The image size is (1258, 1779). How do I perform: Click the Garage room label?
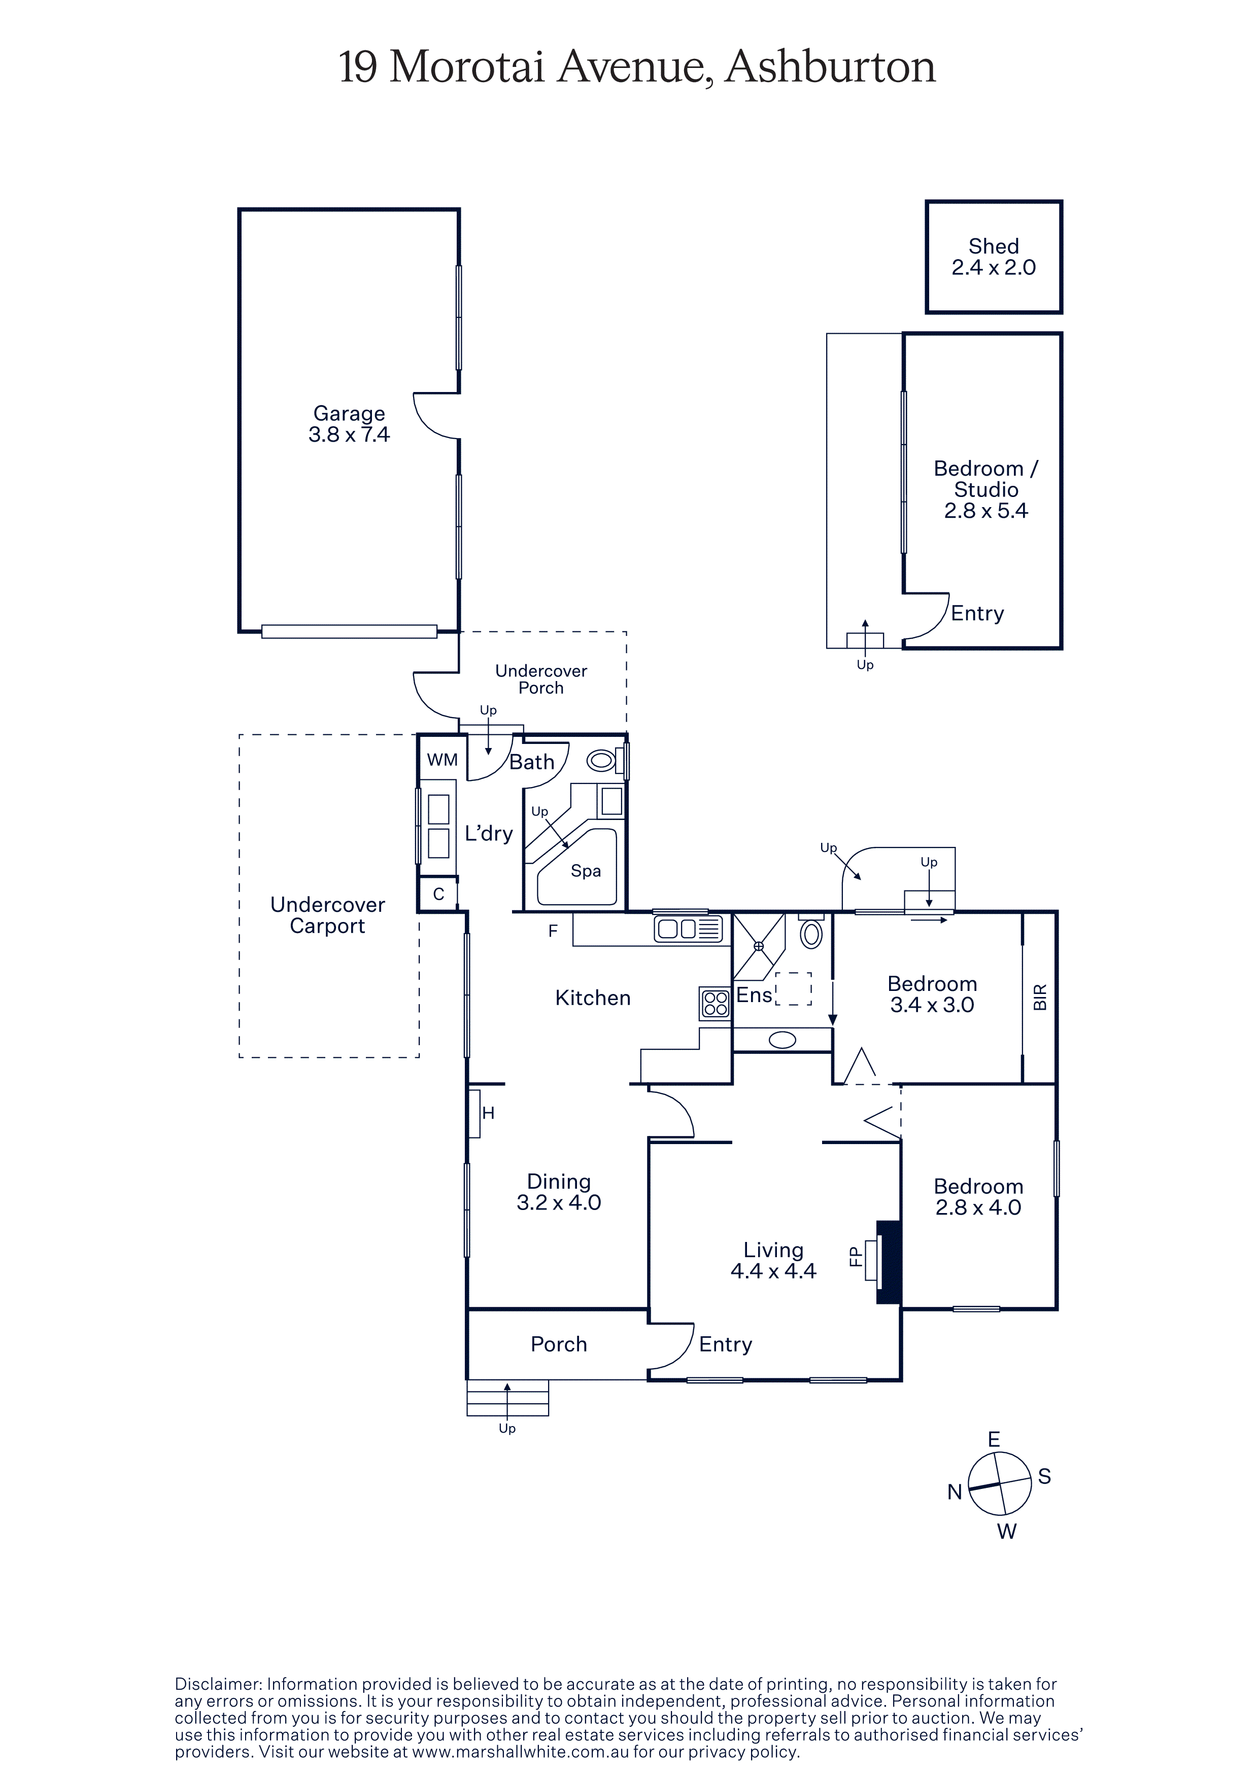tap(349, 424)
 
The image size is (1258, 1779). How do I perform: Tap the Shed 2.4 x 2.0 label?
tap(994, 257)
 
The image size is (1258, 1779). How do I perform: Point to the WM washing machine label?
tap(443, 760)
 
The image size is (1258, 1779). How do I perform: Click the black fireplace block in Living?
tap(888, 1262)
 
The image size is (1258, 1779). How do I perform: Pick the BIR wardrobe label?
tap(1040, 997)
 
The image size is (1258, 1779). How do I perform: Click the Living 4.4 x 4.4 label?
tap(773, 1260)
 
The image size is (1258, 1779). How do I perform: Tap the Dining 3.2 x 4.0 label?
tap(559, 1192)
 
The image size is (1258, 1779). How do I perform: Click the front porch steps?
tap(507, 1397)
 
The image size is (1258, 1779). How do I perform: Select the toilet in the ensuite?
tap(811, 933)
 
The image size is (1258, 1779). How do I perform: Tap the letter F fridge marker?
tap(553, 932)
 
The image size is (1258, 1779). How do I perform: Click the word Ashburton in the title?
tap(830, 66)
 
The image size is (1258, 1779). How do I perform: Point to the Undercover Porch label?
tap(541, 679)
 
